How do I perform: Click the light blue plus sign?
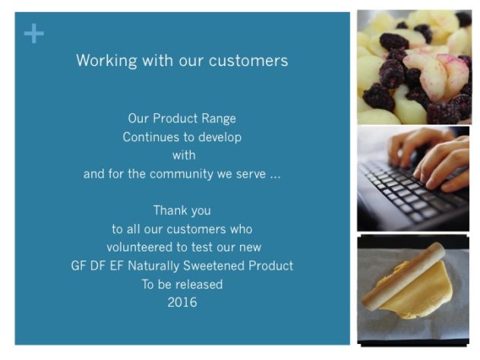click(x=33, y=33)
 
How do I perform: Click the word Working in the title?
click(x=106, y=61)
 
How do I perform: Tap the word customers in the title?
click(x=248, y=61)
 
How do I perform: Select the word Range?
click(x=219, y=118)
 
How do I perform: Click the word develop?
click(x=219, y=137)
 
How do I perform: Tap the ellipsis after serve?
click(x=275, y=177)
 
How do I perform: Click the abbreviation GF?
click(x=78, y=266)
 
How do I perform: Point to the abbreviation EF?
click(x=116, y=266)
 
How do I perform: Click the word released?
click(x=197, y=284)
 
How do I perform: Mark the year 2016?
click(x=182, y=302)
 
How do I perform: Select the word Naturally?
click(x=153, y=266)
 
